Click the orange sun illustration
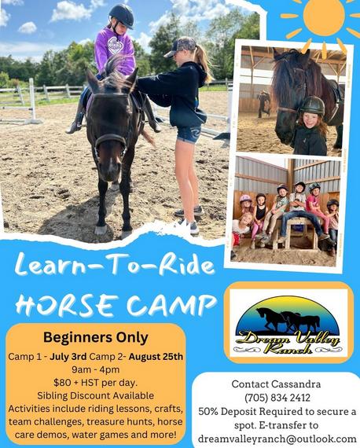[x=324, y=17]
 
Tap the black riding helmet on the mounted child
[x=122, y=15]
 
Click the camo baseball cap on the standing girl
[x=181, y=46]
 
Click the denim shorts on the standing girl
[x=189, y=134]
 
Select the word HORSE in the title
[x=67, y=305]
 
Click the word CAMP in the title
[x=171, y=305]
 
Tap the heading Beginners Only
[x=96, y=338]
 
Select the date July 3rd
[x=68, y=357]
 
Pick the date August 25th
[x=156, y=357]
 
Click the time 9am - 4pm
[x=95, y=369]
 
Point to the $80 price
[x=60, y=383]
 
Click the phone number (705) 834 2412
[x=277, y=398]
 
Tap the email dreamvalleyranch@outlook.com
[x=277, y=439]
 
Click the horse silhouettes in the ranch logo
[x=288, y=320]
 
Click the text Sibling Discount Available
[x=95, y=395]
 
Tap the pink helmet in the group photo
[x=246, y=199]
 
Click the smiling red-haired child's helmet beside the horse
[x=313, y=105]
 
